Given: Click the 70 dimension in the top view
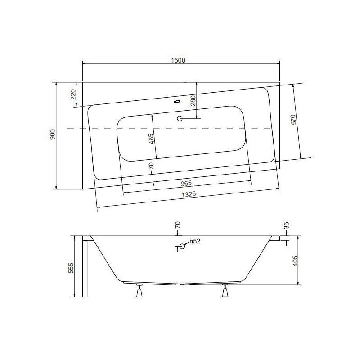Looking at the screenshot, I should [152, 166].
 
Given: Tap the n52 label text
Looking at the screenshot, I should [194, 242].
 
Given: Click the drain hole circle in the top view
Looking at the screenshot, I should [180, 119].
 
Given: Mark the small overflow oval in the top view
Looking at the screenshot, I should [176, 101].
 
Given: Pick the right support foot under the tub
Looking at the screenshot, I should [225, 292].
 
